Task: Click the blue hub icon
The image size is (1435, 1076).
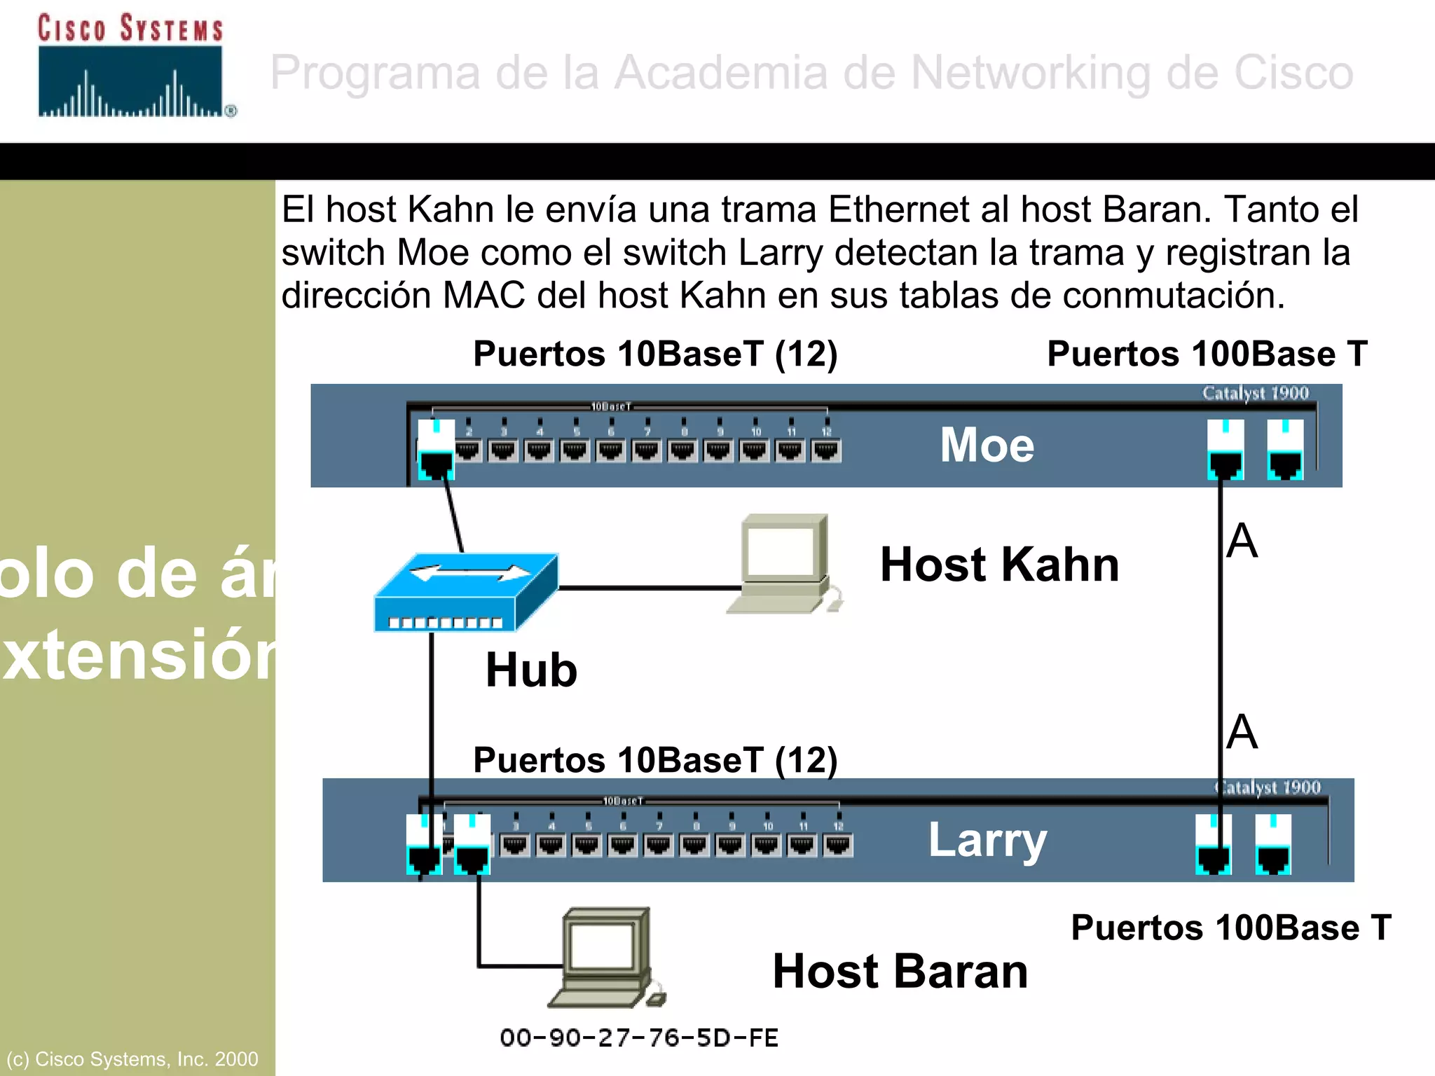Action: (466, 593)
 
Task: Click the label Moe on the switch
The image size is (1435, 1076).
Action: (987, 445)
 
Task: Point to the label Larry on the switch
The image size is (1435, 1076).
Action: (987, 840)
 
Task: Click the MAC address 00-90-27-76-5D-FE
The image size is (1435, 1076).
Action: (639, 1037)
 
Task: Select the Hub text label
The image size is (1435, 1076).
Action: (531, 670)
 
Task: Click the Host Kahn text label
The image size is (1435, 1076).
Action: (999, 565)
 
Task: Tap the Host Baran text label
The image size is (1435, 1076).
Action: (900, 972)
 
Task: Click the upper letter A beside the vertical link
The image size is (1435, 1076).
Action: (1242, 541)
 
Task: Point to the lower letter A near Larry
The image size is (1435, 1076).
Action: (1242, 732)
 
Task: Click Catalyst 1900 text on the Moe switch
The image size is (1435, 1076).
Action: (1255, 393)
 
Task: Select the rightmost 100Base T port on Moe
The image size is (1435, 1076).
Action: (1285, 450)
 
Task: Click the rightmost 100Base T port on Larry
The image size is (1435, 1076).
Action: (1273, 845)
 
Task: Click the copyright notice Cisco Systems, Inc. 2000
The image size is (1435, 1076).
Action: (132, 1058)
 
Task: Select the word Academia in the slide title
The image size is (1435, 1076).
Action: (721, 72)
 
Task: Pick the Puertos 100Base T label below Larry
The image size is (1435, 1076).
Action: (1230, 928)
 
